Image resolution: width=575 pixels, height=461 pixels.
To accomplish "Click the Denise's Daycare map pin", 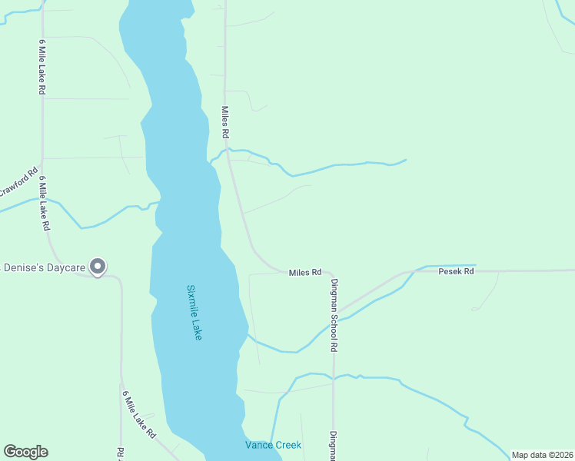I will [x=98, y=267].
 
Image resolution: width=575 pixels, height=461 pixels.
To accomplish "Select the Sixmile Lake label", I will [x=194, y=313].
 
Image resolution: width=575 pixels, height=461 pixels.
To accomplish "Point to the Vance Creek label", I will [x=273, y=445].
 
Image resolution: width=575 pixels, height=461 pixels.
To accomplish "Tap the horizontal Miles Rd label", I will [x=304, y=273].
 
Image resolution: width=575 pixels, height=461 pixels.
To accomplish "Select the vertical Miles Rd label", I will [x=225, y=122].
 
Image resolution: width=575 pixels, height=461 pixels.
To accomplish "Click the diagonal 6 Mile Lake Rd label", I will [x=139, y=415].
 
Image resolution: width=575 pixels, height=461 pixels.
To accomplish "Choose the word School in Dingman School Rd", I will [x=334, y=323].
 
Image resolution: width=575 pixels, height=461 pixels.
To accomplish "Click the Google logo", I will [x=25, y=452].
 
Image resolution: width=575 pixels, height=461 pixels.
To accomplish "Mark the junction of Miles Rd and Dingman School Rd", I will [x=332, y=275].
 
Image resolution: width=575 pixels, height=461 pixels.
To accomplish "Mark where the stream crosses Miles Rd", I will [x=228, y=150].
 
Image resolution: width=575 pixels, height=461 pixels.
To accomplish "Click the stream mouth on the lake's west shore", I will [x=158, y=203].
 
